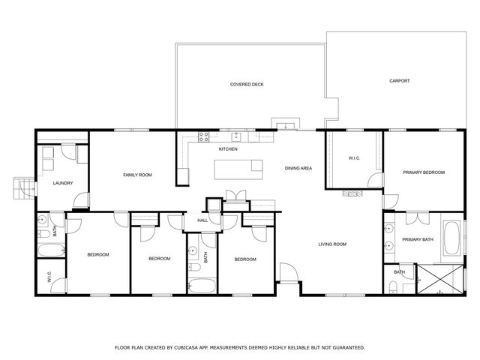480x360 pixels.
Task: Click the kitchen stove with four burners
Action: click(x=202, y=136)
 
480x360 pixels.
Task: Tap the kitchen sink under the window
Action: click(x=235, y=136)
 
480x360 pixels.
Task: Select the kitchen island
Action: click(x=238, y=169)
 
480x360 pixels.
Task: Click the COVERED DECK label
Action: click(x=247, y=84)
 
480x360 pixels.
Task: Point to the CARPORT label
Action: click(x=399, y=81)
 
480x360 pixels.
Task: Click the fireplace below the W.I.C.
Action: click(x=352, y=193)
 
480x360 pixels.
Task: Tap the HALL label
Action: click(x=202, y=220)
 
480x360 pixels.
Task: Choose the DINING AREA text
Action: click(x=298, y=169)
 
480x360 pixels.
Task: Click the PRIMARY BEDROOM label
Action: click(x=423, y=172)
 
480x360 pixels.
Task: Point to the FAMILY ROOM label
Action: click(x=137, y=175)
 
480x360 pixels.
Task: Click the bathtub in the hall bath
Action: click(x=202, y=285)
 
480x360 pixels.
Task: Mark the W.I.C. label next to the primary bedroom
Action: click(x=355, y=158)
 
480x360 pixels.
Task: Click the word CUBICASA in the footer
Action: click(x=191, y=348)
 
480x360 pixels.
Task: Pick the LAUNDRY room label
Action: click(x=62, y=183)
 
